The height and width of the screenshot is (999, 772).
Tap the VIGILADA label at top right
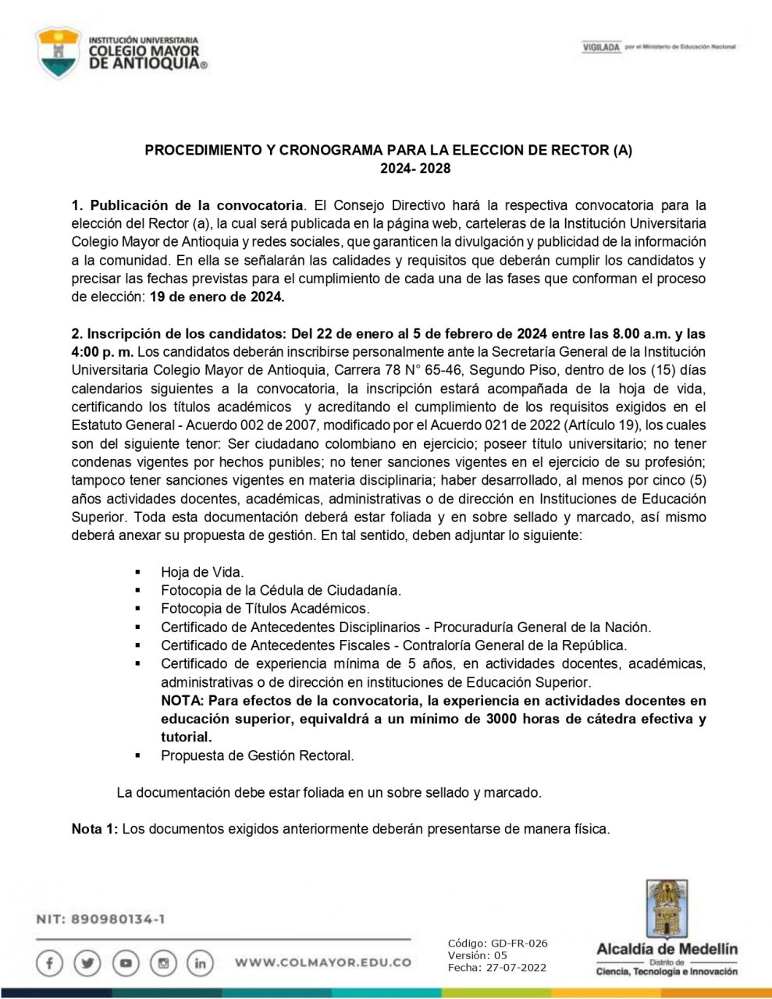pyautogui.click(x=601, y=48)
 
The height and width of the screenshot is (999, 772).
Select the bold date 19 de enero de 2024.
pyautogui.click(x=217, y=297)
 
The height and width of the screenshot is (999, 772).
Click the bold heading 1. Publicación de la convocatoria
pyautogui.click(x=187, y=205)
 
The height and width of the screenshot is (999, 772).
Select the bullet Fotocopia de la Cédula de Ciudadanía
pyautogui.click(x=280, y=590)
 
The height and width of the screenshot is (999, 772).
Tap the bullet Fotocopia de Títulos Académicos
pyautogui.click(x=265, y=608)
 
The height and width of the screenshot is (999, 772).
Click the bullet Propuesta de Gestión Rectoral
pyautogui.click(x=257, y=755)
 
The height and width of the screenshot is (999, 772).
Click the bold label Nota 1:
pyautogui.click(x=94, y=829)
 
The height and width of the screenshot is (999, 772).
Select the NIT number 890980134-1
pyautogui.click(x=117, y=919)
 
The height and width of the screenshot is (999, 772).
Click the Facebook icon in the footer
pyautogui.click(x=50, y=963)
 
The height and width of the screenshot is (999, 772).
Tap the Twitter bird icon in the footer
pyautogui.click(x=87, y=963)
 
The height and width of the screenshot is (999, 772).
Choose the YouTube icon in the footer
pyautogui.click(x=125, y=963)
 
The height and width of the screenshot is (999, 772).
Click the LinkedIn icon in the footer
pyautogui.click(x=200, y=963)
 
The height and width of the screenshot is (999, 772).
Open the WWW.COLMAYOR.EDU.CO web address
pyautogui.click(x=322, y=963)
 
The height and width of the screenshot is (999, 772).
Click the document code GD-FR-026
pyautogui.click(x=519, y=943)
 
